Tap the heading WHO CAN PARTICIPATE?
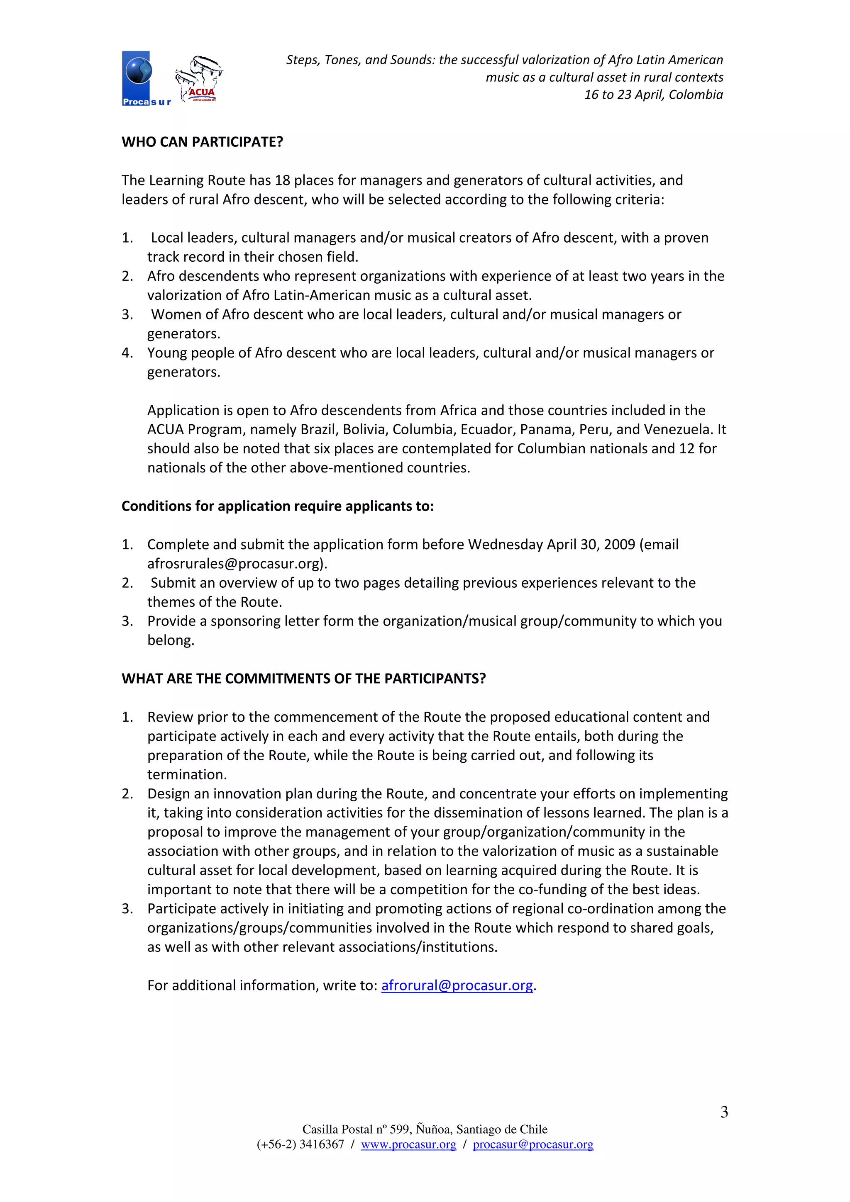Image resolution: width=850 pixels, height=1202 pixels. pos(202,142)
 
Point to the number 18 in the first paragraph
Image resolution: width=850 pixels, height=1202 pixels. pos(282,180)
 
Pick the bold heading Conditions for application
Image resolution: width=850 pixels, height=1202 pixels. pos(278,506)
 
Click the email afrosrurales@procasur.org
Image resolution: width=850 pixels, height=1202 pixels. pos(235,564)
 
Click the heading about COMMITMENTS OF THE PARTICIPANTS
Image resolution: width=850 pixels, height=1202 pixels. pos(304,679)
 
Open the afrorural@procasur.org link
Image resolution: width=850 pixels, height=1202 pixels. pos(457,985)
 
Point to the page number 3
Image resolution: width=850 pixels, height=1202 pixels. pos(724,1112)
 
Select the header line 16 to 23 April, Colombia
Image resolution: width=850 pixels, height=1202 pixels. pos(653,95)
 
